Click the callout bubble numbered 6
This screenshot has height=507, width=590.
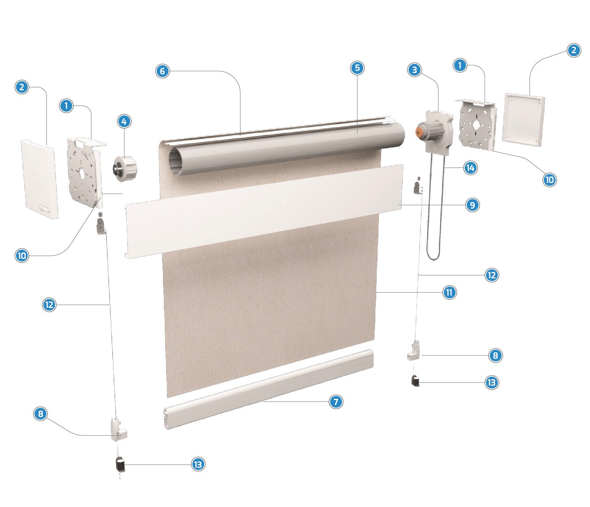pos(163,71)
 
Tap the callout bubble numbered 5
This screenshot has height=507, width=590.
pos(357,68)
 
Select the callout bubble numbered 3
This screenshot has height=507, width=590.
pos(415,70)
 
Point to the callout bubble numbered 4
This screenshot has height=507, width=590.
pos(124,121)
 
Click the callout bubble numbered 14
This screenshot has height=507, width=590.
pos(470,168)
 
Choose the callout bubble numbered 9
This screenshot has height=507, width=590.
pos(473,205)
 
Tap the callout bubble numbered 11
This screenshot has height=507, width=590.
pos(450,292)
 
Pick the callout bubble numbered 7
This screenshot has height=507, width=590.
pos(336,401)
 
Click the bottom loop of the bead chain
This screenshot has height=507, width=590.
pos(433,257)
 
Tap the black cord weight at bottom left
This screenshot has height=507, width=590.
pos(120,472)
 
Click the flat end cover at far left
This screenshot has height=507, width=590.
pos(40,179)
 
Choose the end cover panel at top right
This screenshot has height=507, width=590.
pos(523,119)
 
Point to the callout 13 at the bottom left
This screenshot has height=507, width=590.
pos(198,472)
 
